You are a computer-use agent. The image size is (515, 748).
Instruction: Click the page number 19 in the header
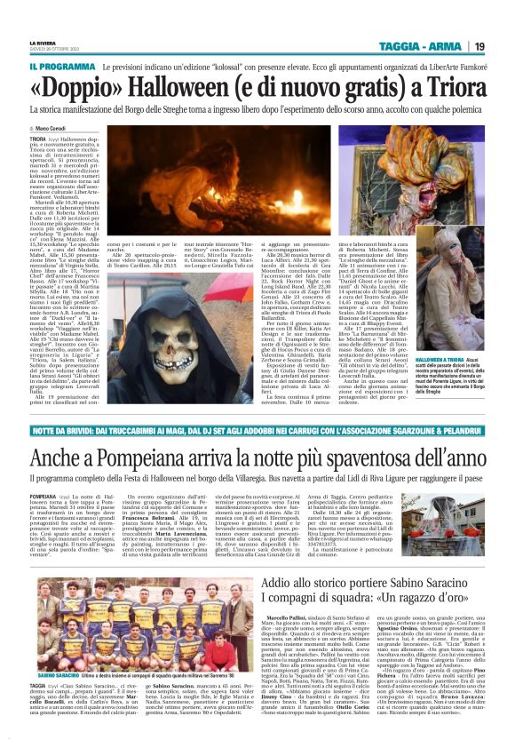click(x=478, y=46)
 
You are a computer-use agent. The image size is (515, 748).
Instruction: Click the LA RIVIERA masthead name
click(x=44, y=42)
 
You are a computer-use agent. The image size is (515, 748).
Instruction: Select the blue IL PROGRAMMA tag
click(x=62, y=68)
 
